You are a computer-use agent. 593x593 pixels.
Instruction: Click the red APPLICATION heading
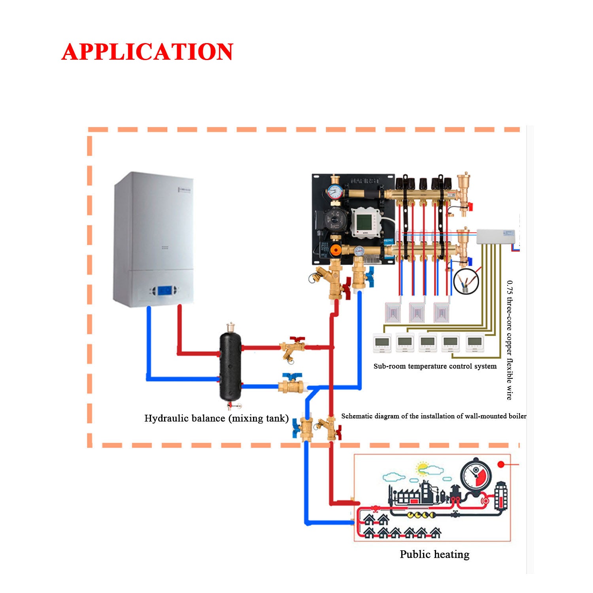click(147, 52)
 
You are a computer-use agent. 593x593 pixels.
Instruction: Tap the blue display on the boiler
click(165, 291)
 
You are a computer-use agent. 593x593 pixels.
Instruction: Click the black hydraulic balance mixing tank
click(230, 366)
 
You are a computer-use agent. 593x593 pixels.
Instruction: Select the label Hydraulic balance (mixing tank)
click(216, 418)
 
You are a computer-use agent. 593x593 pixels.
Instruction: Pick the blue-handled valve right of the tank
click(291, 383)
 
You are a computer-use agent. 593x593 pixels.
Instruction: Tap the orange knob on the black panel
click(336, 250)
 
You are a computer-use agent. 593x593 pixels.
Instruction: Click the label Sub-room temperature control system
click(435, 366)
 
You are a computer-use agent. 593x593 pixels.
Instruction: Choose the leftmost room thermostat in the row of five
click(382, 343)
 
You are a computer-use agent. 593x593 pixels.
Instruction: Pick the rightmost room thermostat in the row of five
click(474, 342)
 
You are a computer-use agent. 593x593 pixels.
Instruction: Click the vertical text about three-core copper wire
click(510, 340)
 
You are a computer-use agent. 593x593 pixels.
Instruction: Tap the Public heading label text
click(415, 554)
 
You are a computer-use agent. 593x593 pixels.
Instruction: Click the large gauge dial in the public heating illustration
click(476, 474)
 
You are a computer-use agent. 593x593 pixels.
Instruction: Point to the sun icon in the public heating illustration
click(423, 468)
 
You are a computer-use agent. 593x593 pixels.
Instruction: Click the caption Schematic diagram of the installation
click(434, 416)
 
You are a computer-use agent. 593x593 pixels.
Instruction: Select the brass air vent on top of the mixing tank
click(230, 327)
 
